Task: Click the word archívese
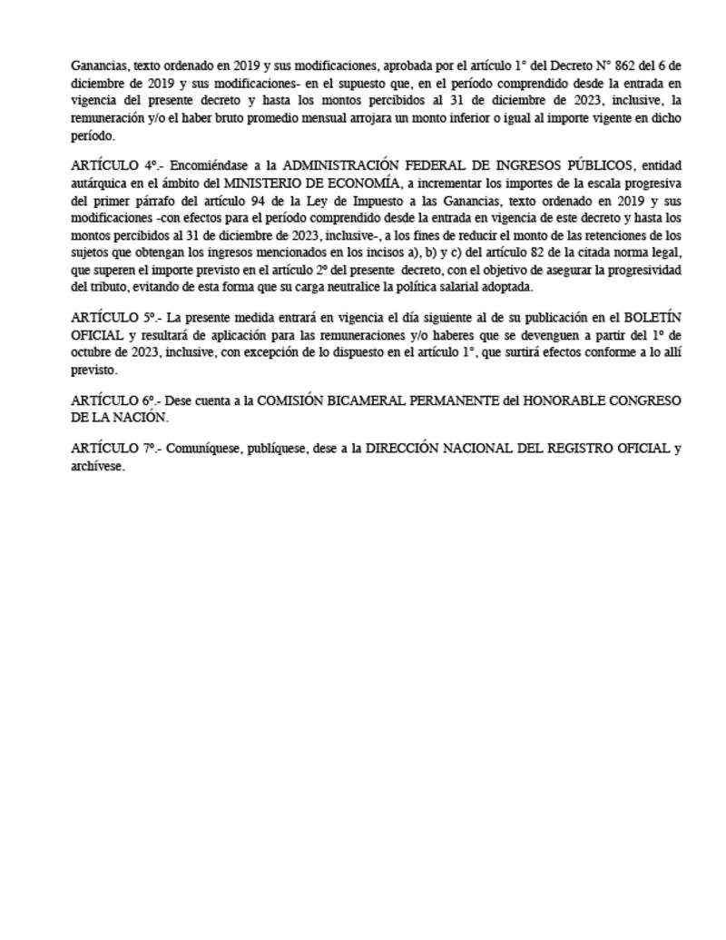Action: coord(97,467)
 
